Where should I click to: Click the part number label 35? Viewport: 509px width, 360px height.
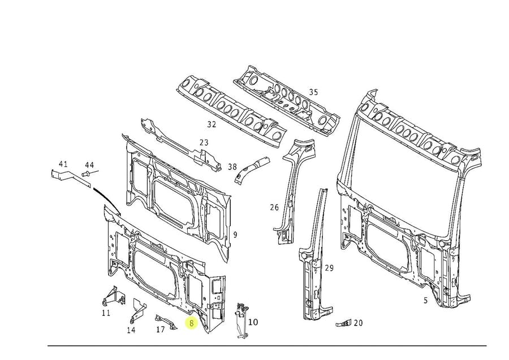click(x=313, y=92)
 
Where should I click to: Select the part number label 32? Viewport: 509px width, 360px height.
click(x=212, y=124)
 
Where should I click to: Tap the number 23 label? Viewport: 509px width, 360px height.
click(x=204, y=143)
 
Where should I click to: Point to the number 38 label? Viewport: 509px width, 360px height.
click(x=232, y=167)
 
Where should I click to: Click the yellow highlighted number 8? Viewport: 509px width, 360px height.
click(x=192, y=323)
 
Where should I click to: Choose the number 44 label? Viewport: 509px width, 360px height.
click(x=89, y=165)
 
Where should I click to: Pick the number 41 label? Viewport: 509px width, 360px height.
click(x=63, y=164)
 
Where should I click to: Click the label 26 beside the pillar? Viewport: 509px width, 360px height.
click(x=274, y=207)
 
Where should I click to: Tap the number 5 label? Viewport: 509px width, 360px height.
click(x=425, y=301)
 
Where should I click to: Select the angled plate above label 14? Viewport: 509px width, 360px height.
click(x=139, y=310)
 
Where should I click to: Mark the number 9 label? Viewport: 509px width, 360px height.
click(x=235, y=234)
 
